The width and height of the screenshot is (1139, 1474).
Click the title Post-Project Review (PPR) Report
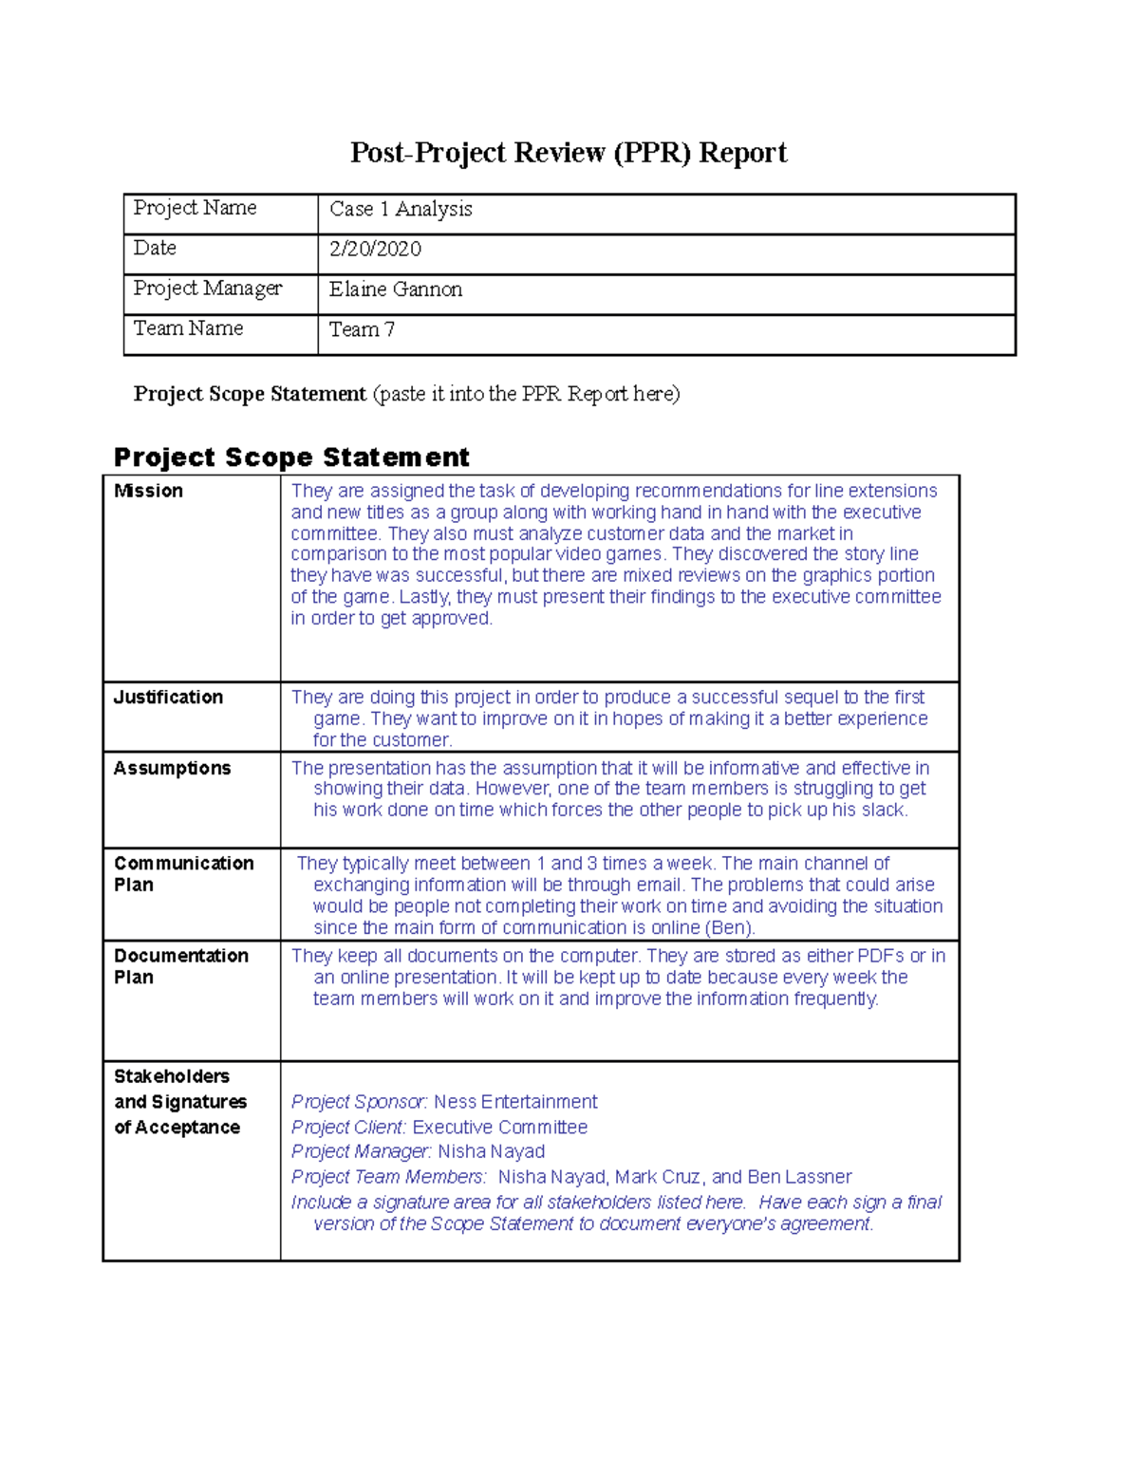click(568, 153)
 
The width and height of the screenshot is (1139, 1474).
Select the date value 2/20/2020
click(375, 249)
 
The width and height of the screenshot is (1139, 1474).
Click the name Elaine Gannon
click(395, 289)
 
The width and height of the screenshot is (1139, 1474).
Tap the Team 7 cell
click(362, 329)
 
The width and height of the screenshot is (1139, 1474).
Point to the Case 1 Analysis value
click(400, 209)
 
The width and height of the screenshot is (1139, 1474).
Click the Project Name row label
click(195, 208)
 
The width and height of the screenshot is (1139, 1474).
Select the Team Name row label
click(188, 328)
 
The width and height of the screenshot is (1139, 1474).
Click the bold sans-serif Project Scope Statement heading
click(291, 457)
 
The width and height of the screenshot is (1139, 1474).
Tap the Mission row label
click(148, 491)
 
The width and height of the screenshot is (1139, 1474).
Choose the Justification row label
click(168, 697)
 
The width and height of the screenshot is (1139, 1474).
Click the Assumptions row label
click(172, 768)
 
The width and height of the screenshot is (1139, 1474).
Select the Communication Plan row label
click(183, 873)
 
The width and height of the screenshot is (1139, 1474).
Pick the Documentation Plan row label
click(180, 965)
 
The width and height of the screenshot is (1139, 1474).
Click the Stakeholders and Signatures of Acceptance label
click(179, 1101)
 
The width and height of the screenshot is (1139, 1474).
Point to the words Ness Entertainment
click(515, 1101)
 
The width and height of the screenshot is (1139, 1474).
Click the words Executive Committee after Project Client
click(499, 1127)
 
